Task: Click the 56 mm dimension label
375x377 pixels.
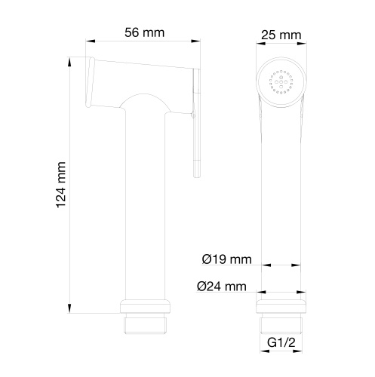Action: click(143, 32)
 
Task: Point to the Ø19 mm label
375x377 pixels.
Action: click(226, 260)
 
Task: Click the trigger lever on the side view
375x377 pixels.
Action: click(196, 121)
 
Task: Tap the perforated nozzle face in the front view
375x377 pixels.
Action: click(281, 80)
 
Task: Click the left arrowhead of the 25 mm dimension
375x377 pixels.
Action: click(260, 44)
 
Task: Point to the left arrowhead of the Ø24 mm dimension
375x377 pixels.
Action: click(260, 294)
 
